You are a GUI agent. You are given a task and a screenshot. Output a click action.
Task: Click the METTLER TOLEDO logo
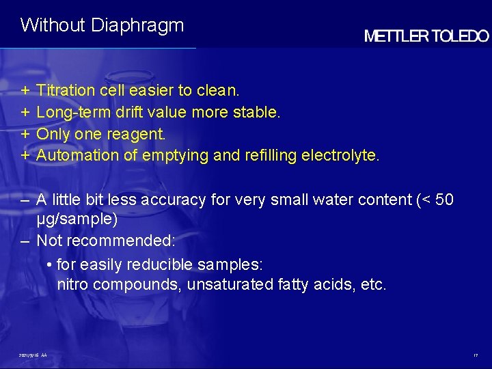coord(426,37)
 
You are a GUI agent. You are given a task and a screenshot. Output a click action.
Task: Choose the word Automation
coord(77,155)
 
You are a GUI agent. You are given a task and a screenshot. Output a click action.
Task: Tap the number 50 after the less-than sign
coord(444,200)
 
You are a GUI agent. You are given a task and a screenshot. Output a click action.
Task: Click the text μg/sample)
coord(77,220)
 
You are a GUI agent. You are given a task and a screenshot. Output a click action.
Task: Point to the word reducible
coord(162,264)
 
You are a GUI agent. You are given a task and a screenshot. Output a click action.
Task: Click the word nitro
coord(72,284)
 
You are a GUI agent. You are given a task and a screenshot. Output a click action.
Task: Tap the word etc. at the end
coord(373,284)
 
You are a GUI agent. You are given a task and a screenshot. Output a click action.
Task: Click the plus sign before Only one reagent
coord(25,134)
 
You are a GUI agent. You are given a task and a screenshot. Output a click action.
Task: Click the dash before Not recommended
coord(25,241)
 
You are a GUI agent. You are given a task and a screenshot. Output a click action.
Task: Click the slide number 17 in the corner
coord(475,355)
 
